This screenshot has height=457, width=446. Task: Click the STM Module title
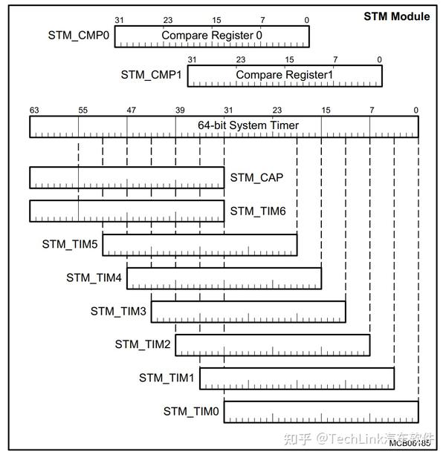tap(396, 16)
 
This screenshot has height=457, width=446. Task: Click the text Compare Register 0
tap(212, 35)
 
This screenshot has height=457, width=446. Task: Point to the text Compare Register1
tap(285, 75)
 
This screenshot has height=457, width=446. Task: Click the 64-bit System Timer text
tap(248, 125)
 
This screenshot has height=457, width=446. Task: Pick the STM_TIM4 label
tap(95, 277)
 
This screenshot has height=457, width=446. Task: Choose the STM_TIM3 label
tap(120, 311)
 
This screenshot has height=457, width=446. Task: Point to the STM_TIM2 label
tap(144, 344)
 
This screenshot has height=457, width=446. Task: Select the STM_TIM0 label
tap(192, 411)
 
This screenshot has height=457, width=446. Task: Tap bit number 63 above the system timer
tap(34, 110)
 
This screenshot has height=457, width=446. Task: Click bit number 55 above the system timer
tap(83, 110)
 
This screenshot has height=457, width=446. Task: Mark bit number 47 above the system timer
tap(131, 110)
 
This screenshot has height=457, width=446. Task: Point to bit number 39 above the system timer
tap(180, 110)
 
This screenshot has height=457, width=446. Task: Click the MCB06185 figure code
tap(410, 443)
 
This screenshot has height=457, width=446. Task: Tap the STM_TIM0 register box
tap(320, 412)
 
